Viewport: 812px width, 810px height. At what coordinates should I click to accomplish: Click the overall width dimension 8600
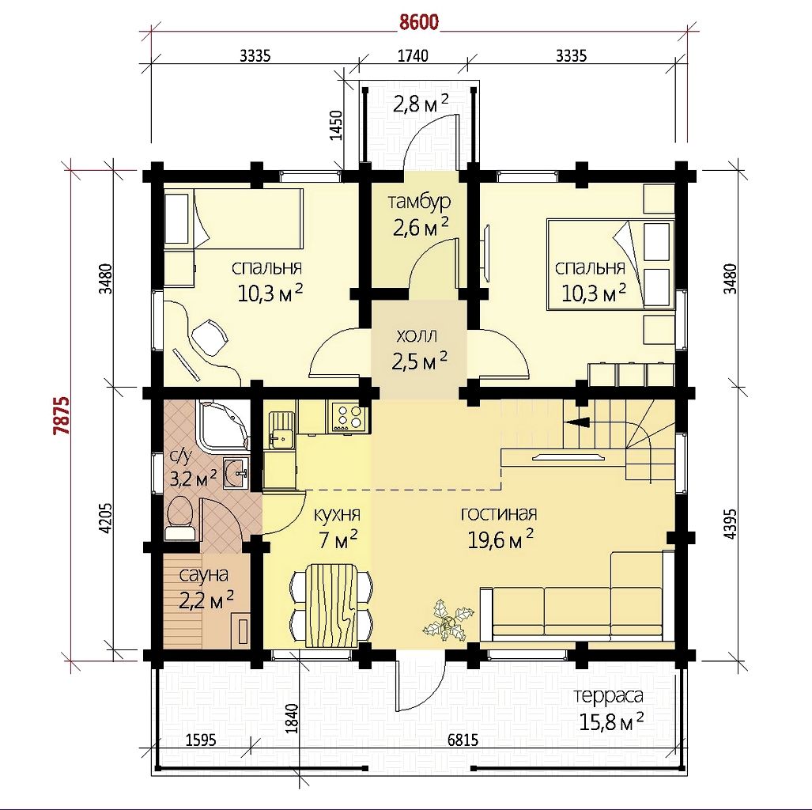point(419,22)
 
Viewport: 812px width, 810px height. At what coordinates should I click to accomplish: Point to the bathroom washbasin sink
point(236,472)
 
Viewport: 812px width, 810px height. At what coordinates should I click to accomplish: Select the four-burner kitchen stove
point(350,417)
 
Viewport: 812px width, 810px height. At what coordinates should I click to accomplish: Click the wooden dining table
point(331,606)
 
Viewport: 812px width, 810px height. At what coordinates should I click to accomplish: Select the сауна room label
point(204,575)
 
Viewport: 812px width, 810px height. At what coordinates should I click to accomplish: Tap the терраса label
point(609,696)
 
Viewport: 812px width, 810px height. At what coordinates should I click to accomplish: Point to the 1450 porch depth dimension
point(337,125)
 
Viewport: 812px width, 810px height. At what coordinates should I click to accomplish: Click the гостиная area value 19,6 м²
point(500,539)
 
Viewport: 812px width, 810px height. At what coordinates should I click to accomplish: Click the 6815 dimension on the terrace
point(463,740)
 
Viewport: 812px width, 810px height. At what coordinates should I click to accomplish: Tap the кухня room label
point(337,515)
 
